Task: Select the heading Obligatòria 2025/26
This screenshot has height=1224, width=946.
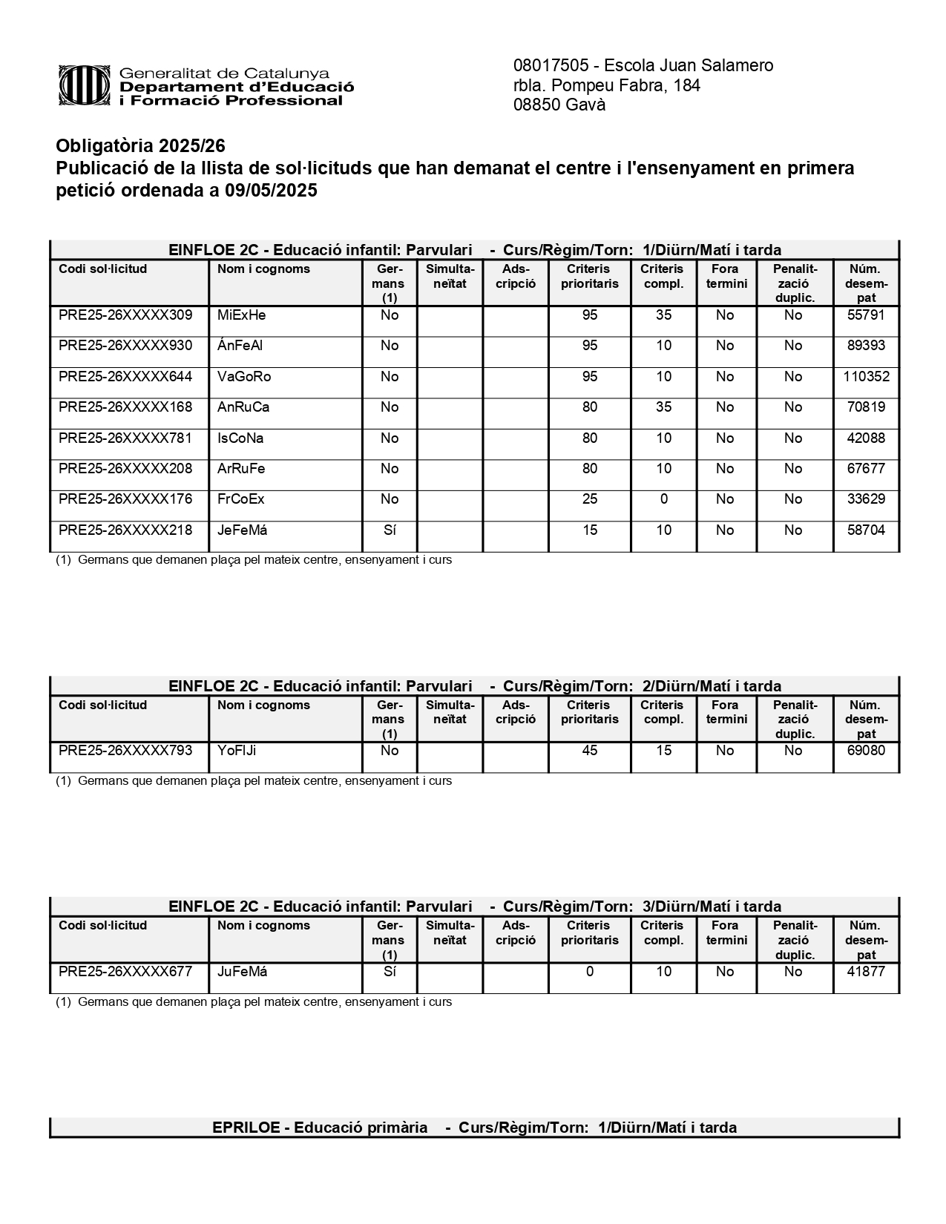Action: click(x=140, y=145)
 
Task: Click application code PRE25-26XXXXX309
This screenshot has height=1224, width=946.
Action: click(x=125, y=315)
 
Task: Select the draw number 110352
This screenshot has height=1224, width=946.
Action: click(x=866, y=377)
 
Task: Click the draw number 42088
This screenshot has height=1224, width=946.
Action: click(x=866, y=438)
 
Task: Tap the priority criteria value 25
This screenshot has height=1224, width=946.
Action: click(x=590, y=499)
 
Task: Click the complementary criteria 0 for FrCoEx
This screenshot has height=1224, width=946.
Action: click(x=663, y=499)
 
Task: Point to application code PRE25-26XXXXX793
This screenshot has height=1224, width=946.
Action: click(x=125, y=751)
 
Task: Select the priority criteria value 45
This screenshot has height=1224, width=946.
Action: click(x=590, y=751)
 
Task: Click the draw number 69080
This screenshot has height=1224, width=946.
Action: click(x=866, y=751)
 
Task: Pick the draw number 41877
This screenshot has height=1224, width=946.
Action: click(x=866, y=972)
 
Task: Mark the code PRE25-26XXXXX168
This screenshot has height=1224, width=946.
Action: click(x=125, y=407)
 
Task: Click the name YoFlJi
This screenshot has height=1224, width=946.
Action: click(x=237, y=751)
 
